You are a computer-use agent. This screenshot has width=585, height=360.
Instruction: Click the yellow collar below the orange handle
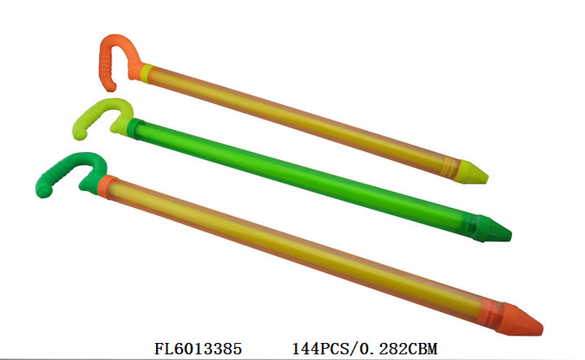(x=146, y=73)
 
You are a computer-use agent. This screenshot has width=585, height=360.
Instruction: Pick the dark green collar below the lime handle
(x=133, y=128)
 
